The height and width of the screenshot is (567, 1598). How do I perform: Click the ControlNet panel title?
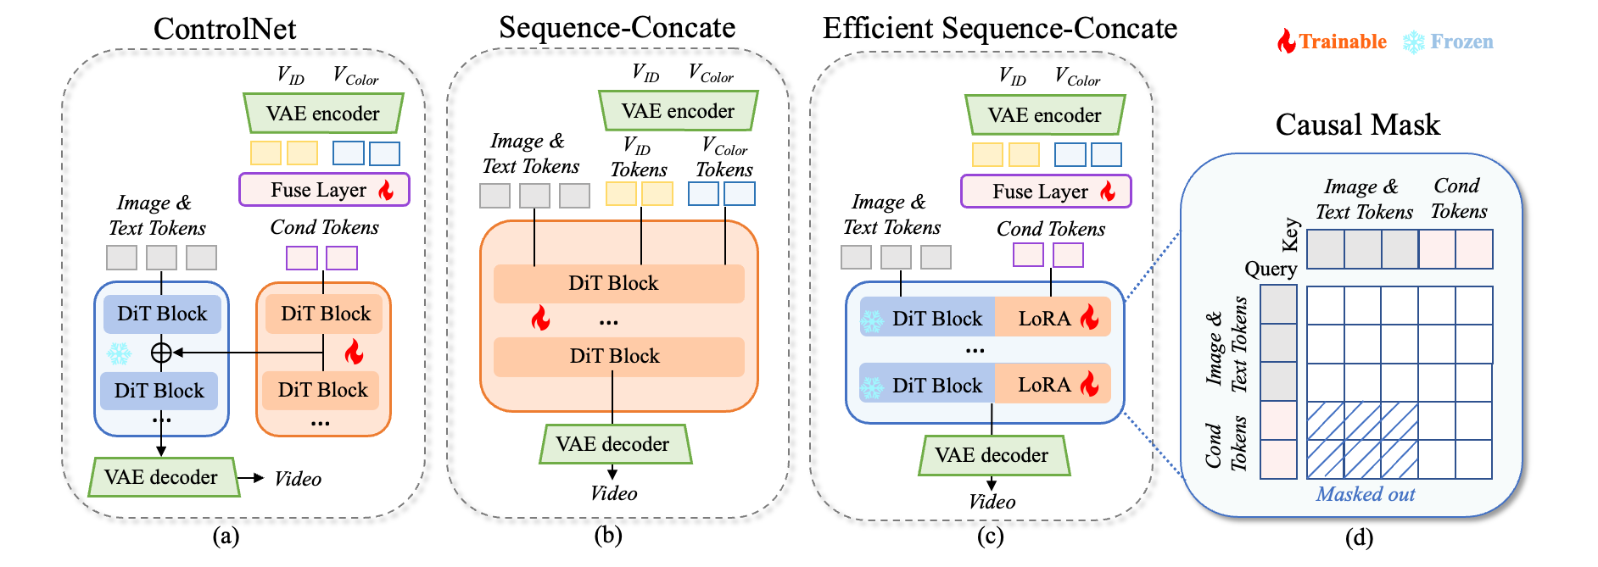(x=225, y=29)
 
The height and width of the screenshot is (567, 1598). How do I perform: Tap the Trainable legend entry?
(x=1333, y=42)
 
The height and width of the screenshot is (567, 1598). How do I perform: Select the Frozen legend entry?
(x=1449, y=42)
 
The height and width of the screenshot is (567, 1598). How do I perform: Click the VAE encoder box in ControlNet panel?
(x=323, y=114)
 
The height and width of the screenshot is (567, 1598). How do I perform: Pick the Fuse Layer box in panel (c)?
(x=1045, y=192)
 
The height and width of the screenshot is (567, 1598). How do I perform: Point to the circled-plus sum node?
(x=161, y=352)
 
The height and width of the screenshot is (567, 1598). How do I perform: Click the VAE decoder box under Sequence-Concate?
(x=613, y=444)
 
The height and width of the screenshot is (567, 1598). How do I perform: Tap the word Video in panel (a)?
(x=298, y=479)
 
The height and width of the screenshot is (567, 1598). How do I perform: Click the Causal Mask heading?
(x=1357, y=125)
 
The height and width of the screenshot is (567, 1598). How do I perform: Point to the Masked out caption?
(x=1365, y=494)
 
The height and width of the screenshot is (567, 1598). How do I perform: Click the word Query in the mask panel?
(x=1271, y=269)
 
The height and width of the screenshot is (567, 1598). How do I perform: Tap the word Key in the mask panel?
(x=1290, y=235)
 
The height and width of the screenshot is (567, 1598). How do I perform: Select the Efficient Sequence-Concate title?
(x=999, y=29)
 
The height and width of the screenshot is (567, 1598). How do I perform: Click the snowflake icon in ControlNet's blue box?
(x=119, y=353)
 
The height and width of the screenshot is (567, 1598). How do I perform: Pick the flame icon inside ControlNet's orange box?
(x=355, y=351)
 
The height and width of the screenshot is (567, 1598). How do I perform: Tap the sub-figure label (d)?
(x=1359, y=537)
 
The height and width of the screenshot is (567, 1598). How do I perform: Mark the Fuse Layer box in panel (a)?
(x=324, y=190)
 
